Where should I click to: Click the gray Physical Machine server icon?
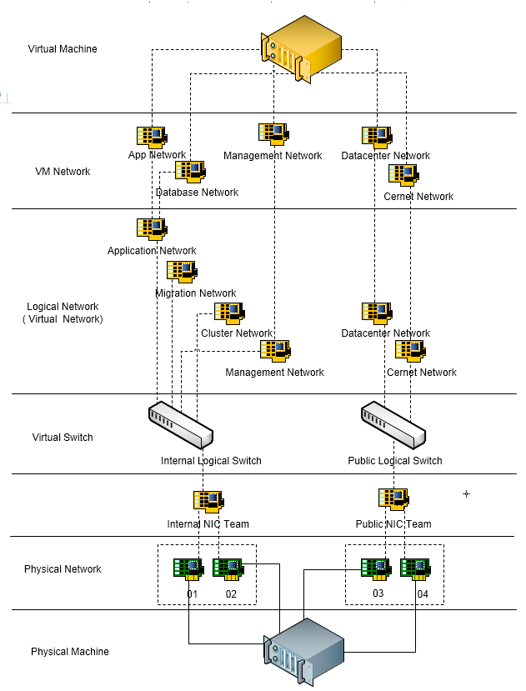point(304,651)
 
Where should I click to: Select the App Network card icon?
point(152,138)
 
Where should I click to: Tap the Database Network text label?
point(197,193)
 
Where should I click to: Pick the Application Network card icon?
point(152,229)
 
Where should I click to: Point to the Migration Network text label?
point(196,293)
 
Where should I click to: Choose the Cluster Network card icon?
point(229,313)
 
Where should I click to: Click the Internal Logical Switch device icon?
point(181,425)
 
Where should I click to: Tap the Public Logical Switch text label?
point(395,461)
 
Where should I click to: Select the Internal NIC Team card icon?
point(208,501)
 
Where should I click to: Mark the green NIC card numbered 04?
point(414,568)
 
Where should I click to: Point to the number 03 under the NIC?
point(377,593)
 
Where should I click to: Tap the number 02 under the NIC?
point(231,593)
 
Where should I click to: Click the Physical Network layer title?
point(63,569)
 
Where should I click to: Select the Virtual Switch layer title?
point(63,438)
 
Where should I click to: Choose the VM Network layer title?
point(63,172)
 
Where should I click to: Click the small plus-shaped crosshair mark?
point(466,494)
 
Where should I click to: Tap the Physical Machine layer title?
point(70,652)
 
